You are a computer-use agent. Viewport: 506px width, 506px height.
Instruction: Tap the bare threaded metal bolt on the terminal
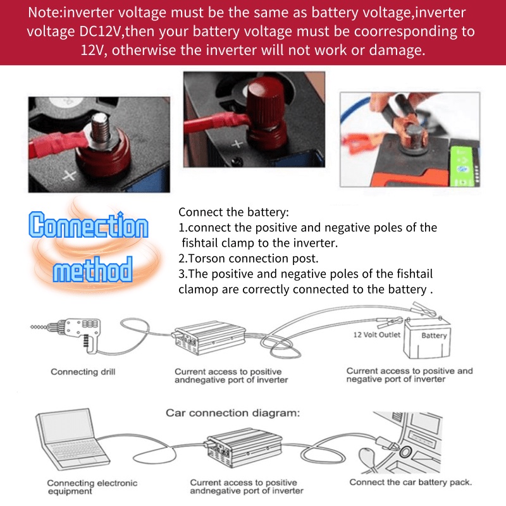click(101, 127)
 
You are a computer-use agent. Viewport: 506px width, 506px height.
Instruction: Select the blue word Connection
click(89, 225)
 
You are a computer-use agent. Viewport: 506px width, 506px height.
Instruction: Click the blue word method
click(93, 269)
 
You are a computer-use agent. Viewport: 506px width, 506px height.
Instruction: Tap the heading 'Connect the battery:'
click(233, 212)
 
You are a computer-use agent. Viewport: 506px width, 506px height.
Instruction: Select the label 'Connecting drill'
click(83, 372)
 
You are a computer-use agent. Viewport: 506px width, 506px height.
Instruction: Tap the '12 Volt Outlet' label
click(376, 335)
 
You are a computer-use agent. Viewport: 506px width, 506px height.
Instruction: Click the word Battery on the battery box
click(434, 335)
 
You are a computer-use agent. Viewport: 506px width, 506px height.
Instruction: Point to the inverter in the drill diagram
click(209, 337)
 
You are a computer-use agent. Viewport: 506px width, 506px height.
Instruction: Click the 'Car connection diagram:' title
click(233, 413)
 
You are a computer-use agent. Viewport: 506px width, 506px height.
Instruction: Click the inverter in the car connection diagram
click(244, 448)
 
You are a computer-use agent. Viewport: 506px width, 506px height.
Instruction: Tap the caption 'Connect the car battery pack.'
click(410, 482)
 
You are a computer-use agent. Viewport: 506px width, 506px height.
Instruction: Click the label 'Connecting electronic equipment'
click(92, 487)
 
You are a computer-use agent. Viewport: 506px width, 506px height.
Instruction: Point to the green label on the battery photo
click(463, 166)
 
